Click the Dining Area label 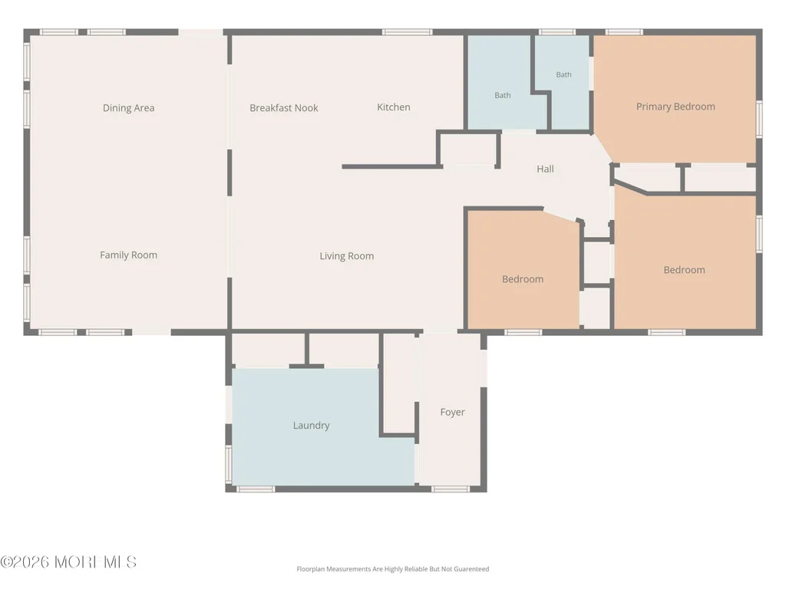coord(128,107)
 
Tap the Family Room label coord(128,255)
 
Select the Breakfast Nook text coord(284,107)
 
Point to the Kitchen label coord(394,107)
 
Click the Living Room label coord(347,256)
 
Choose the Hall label coord(546,169)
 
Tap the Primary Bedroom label coord(675,107)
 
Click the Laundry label coord(312,425)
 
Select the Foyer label coord(452,412)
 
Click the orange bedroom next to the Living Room coord(523,271)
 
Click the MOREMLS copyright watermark coord(68,562)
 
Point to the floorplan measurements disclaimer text coord(392,569)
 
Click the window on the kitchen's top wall coord(407,32)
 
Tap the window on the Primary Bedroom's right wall coord(759,119)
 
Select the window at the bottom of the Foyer coord(450,489)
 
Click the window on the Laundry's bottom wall coord(256,489)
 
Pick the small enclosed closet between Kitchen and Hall coord(468,150)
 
